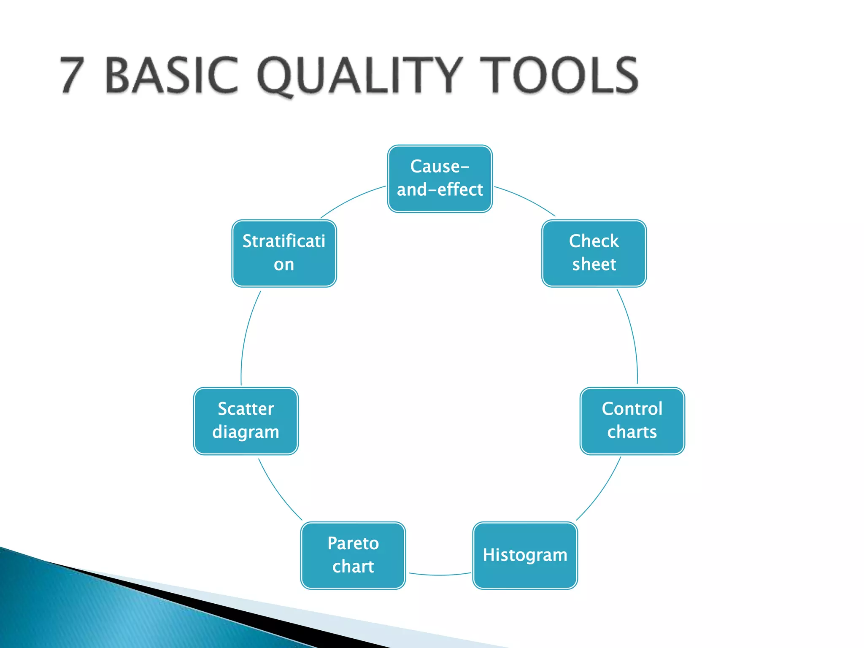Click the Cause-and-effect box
point(440,178)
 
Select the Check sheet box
point(594,253)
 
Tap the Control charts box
point(632,421)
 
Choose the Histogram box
point(525,555)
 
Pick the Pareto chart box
point(353,555)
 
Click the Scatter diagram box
point(246,421)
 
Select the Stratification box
point(284,253)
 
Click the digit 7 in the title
point(72,75)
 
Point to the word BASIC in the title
point(171,75)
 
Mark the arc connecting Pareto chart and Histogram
point(439,575)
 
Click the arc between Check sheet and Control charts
point(632,333)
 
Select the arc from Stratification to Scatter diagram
point(247,333)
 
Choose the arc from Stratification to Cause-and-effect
point(352,199)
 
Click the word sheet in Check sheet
point(594,265)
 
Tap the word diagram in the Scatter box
point(246,432)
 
